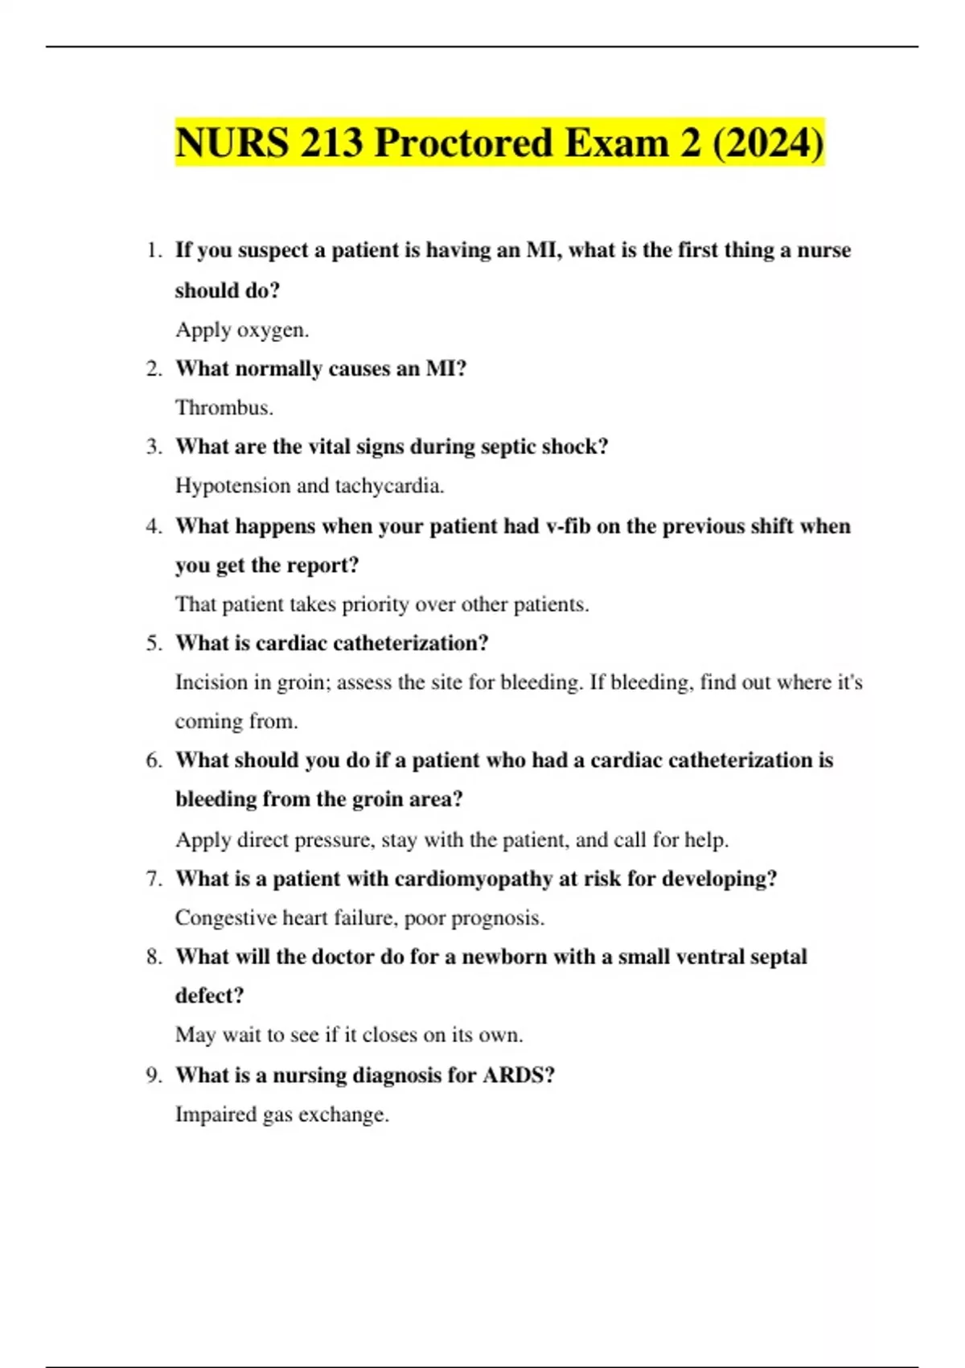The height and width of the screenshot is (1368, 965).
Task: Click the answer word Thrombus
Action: point(224,408)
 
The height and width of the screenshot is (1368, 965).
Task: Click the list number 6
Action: point(154,760)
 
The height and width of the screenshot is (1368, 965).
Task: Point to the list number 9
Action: point(154,1075)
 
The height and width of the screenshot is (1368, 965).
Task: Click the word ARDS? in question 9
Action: point(519,1075)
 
